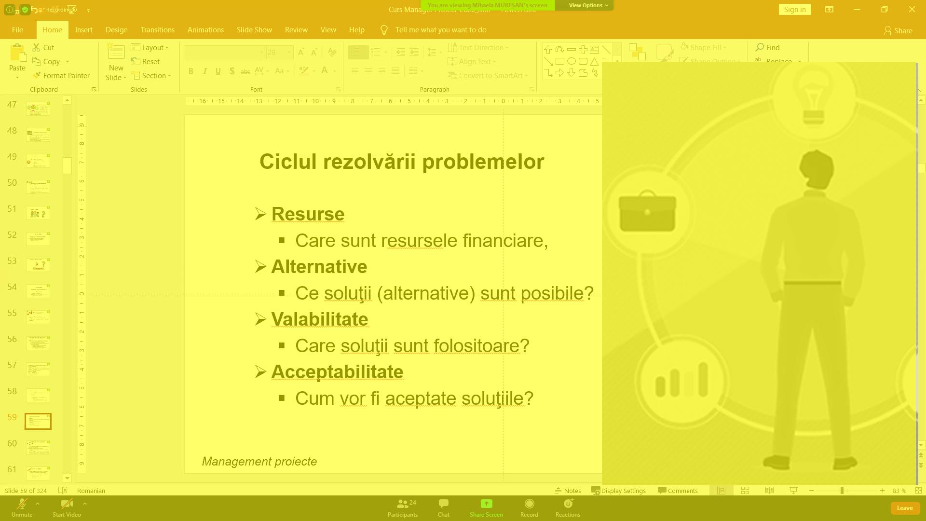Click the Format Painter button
click(61, 76)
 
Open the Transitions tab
click(157, 30)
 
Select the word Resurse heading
click(308, 214)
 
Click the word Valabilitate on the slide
click(319, 319)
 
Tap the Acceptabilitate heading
click(337, 372)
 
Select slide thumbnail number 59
click(38, 421)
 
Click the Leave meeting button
click(904, 508)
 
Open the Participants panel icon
click(403, 504)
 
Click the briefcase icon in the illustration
click(647, 212)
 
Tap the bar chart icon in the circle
click(681, 381)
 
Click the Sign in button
click(794, 10)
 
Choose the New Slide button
click(116, 63)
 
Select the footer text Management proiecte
click(259, 462)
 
